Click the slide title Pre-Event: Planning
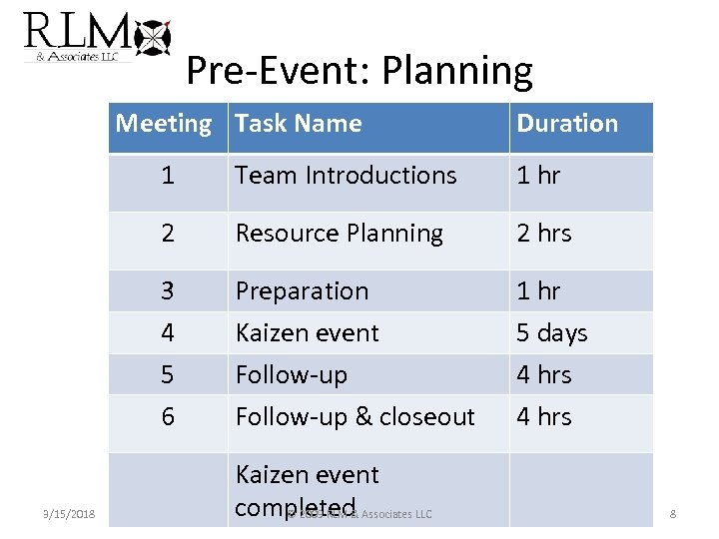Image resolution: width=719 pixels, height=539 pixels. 359,71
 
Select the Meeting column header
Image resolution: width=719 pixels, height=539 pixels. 164,125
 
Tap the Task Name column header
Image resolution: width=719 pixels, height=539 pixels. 299,125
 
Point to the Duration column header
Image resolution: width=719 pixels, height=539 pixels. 567,125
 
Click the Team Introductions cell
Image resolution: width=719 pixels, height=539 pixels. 346,176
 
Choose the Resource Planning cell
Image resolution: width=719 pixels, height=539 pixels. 340,234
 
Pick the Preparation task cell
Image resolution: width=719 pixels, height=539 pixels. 302,291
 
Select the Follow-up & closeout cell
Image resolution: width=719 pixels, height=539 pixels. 355,416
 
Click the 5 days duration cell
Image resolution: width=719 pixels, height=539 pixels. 552,333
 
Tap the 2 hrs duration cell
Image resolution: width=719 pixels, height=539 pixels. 544,234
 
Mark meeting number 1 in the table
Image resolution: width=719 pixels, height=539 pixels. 167,176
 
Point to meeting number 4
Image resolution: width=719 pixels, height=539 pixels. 167,333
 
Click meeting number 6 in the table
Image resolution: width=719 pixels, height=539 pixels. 167,416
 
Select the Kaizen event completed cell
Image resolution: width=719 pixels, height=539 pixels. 308,489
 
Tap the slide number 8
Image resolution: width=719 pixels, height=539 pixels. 673,514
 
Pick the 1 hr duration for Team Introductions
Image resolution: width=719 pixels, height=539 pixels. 539,176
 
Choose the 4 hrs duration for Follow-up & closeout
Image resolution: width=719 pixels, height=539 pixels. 544,416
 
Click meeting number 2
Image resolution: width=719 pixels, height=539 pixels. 167,234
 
